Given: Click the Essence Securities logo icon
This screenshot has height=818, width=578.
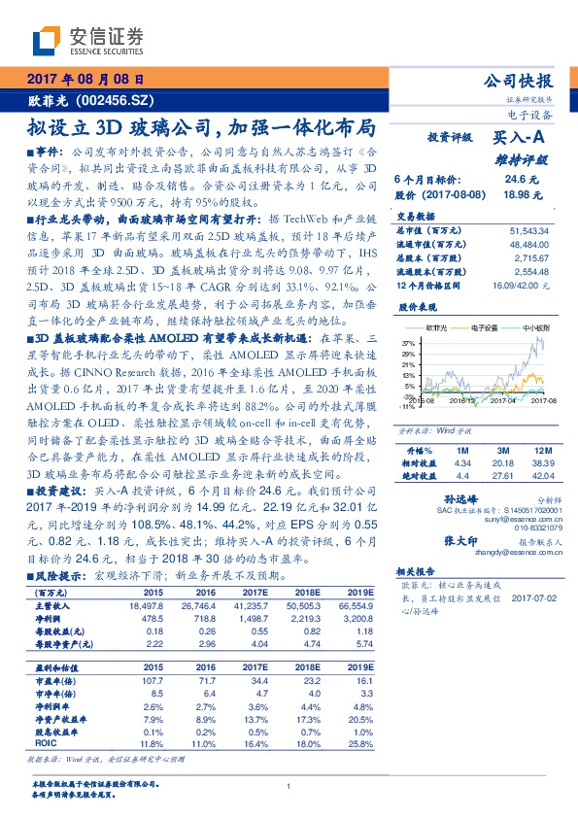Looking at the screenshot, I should coord(47,39).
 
